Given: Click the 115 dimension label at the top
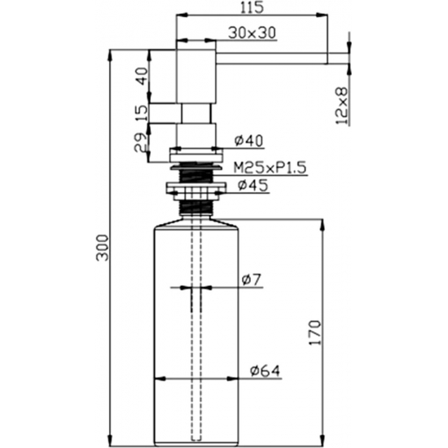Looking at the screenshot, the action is [x=252, y=7].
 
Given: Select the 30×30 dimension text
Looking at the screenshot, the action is [x=252, y=33].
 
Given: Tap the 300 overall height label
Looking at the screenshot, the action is [x=103, y=248].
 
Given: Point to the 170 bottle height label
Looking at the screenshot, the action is [x=315, y=332].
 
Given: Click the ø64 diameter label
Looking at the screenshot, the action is [x=265, y=371].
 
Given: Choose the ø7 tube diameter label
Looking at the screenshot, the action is [x=252, y=280].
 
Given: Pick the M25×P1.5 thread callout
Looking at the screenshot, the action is [x=270, y=168].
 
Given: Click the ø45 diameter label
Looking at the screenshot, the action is [x=253, y=185].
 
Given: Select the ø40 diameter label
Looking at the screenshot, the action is [x=248, y=141].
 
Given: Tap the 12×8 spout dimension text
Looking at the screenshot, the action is [x=342, y=106].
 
